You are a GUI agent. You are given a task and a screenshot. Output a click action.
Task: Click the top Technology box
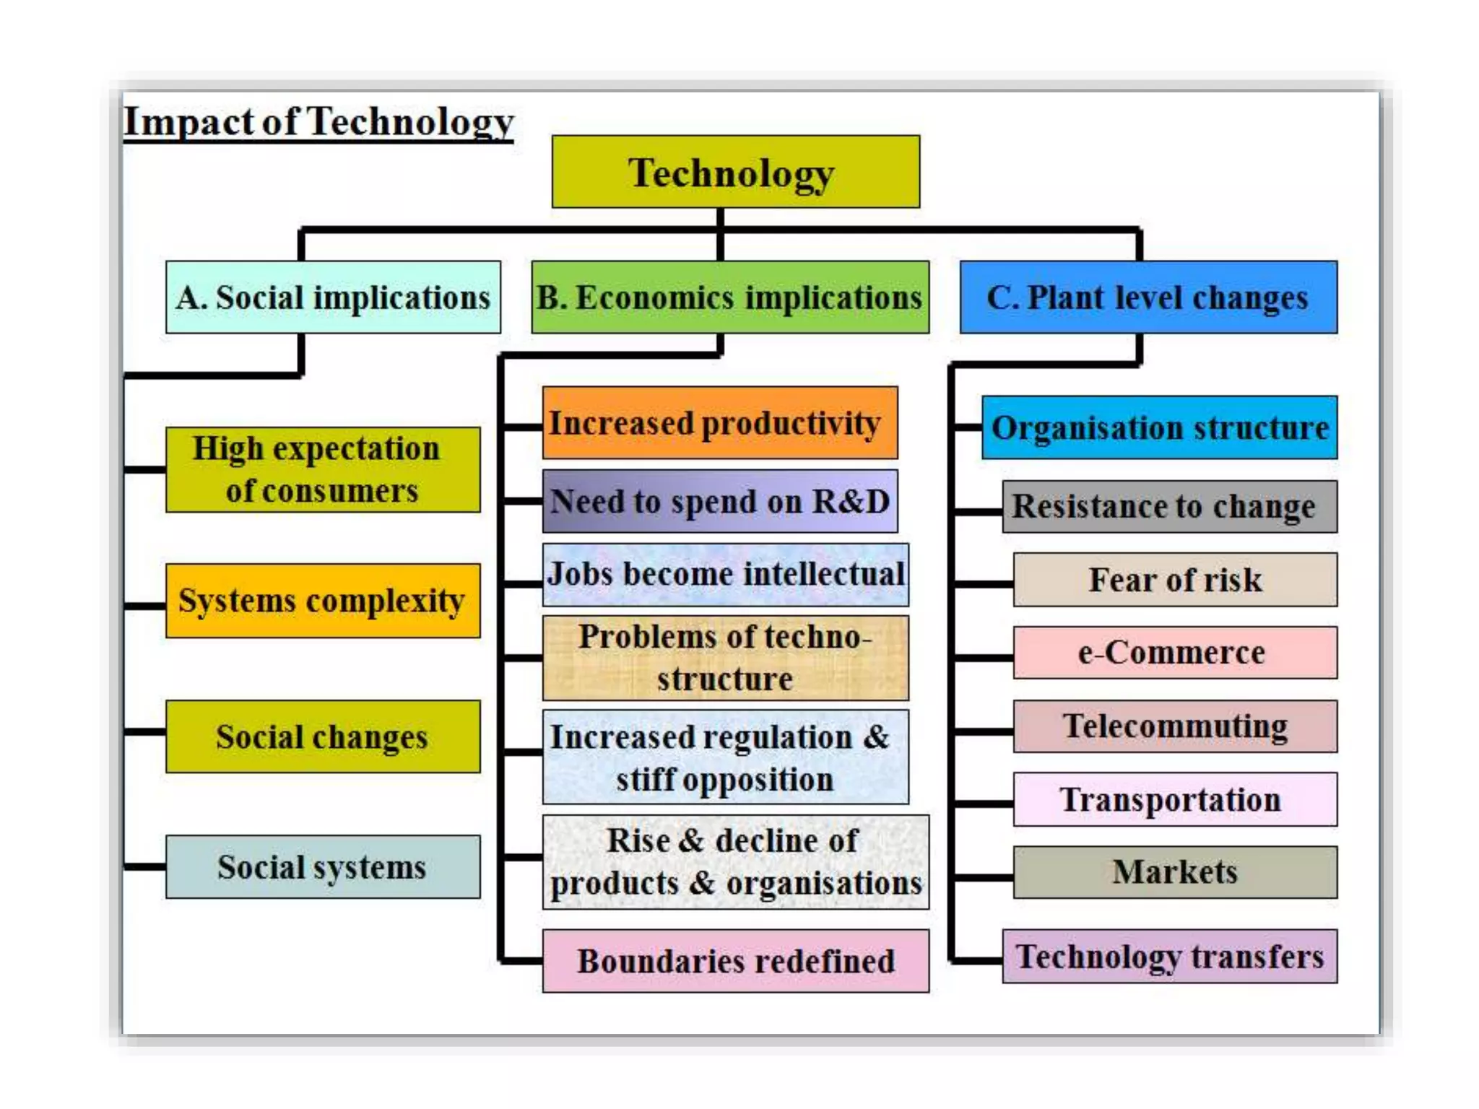(735, 172)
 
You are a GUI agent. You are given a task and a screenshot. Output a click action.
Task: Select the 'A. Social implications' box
(333, 297)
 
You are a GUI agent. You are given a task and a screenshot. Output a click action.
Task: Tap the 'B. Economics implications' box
(729, 297)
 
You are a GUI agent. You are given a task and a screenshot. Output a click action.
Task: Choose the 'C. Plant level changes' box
(1148, 297)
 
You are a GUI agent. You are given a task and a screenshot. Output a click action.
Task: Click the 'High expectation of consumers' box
(322, 469)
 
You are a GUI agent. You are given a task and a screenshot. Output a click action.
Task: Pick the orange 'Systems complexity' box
(322, 601)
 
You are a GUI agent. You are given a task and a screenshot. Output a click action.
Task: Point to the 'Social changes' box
(322, 736)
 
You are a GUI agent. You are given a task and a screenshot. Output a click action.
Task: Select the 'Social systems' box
(322, 866)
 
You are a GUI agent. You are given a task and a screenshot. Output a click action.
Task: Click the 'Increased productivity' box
(719, 423)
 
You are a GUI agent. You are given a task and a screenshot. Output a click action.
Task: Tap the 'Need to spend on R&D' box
(719, 501)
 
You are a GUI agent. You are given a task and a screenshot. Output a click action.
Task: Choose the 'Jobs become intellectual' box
(725, 575)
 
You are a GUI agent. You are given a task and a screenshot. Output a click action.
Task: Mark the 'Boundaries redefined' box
(735, 961)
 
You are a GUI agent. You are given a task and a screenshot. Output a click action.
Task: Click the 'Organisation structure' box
(1159, 427)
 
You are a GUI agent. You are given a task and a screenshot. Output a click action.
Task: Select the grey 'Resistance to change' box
(1169, 506)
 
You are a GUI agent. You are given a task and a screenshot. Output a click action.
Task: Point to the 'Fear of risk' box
(1175, 580)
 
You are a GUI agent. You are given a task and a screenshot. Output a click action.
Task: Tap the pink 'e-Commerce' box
(1175, 653)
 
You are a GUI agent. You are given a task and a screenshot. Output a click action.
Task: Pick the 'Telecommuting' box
(1175, 726)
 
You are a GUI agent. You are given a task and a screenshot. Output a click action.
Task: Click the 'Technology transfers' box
(1169, 957)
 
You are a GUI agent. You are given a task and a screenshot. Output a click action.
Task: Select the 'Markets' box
(1175, 872)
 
